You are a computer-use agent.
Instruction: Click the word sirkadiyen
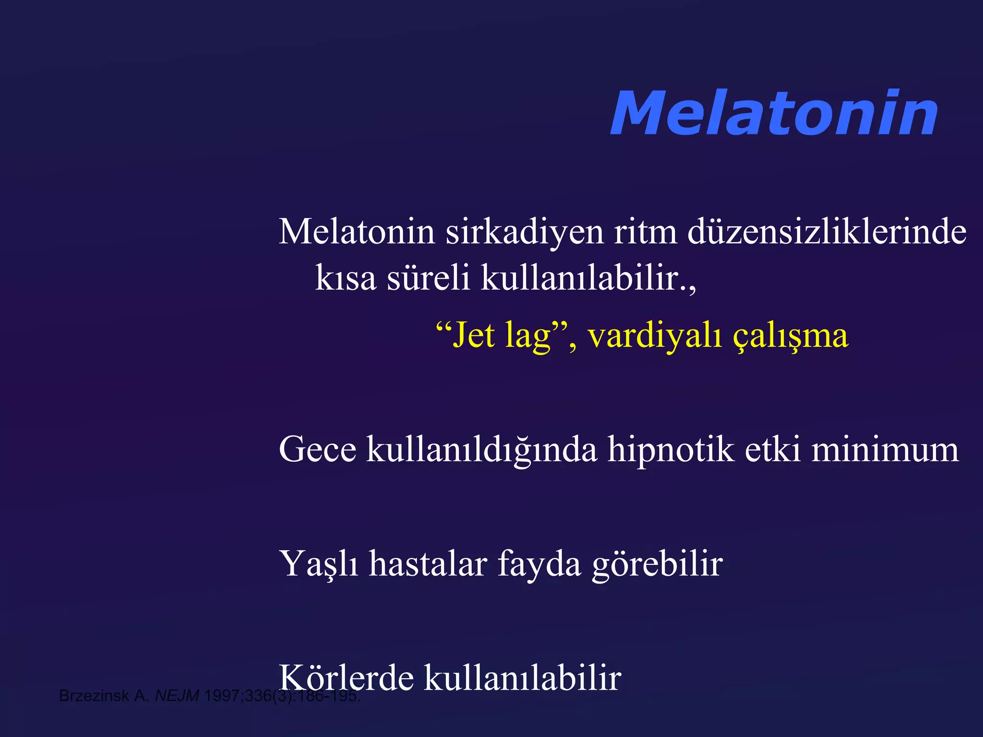click(524, 232)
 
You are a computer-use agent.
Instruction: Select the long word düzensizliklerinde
click(827, 232)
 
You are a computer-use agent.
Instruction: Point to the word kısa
click(346, 278)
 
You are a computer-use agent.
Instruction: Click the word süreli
click(428, 278)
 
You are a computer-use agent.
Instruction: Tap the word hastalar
click(428, 564)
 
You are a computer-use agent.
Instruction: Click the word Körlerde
click(347, 678)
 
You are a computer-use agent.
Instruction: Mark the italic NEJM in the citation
click(177, 696)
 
